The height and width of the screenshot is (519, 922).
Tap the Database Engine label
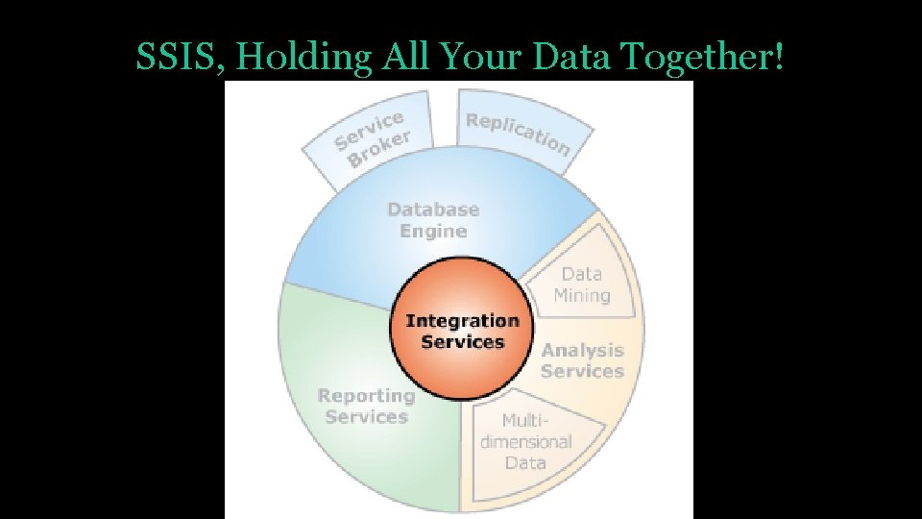coord(433,220)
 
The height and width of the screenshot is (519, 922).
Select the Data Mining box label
coord(582,284)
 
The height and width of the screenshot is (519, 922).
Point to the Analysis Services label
coord(582,360)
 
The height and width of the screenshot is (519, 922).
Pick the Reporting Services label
coord(366,406)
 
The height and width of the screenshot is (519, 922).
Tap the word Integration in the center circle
coord(462,321)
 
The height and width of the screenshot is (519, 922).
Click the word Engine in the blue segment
coord(433,232)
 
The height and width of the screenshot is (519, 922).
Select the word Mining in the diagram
coord(582,295)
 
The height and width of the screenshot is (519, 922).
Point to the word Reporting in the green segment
coord(366,395)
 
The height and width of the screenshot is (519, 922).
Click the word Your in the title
coord(486,58)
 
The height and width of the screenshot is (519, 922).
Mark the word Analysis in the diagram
coord(582,351)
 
